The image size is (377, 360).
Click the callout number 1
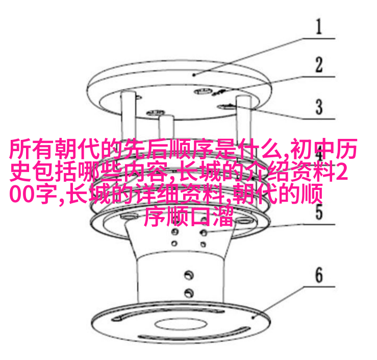pos(319,27)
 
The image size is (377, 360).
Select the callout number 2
pos(319,64)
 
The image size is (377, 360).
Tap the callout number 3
pos(319,107)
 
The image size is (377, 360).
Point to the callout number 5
pos(319,212)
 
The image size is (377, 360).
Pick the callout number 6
pos(319,275)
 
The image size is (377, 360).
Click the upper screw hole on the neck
pos(189,275)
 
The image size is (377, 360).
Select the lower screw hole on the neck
pos(189,293)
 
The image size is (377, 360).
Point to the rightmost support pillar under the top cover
pos(244,118)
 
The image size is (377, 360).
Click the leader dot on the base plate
pos(253,318)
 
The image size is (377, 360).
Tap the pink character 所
pos(20,149)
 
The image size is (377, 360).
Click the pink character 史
pos(20,172)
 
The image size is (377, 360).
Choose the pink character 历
pos(346,149)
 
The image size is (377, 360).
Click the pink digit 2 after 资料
pos(342,172)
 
